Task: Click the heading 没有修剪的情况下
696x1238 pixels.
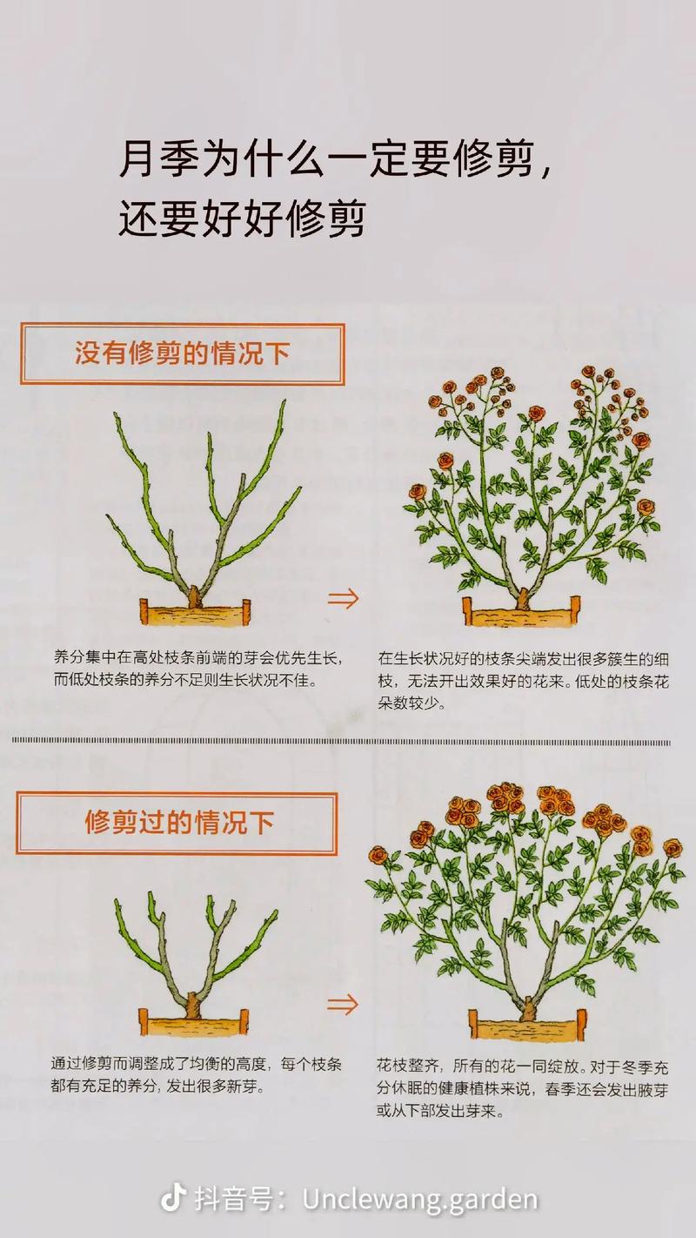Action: (x=182, y=354)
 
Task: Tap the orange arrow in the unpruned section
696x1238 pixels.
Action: (x=342, y=599)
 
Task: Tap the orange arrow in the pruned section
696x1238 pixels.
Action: (x=342, y=1003)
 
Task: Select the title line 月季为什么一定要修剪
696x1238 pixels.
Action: (x=335, y=162)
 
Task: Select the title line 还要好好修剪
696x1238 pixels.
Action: (x=241, y=219)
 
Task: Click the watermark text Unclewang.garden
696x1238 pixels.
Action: (x=420, y=1199)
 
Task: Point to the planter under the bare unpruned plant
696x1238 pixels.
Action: (x=194, y=613)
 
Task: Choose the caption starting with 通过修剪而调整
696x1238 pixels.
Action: (x=196, y=1075)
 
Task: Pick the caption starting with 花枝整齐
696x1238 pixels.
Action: (x=522, y=1087)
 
